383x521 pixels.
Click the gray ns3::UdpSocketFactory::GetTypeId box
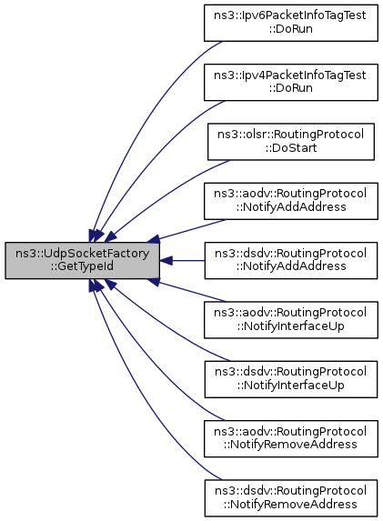[82, 260]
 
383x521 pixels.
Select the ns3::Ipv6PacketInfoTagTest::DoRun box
[291, 23]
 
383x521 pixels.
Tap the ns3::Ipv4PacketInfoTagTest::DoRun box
[291, 82]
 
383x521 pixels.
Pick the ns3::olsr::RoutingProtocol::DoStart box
[291, 142]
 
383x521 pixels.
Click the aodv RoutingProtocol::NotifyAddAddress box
[291, 201]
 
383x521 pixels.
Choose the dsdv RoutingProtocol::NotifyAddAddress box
[291, 260]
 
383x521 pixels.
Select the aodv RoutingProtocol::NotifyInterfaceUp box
[291, 320]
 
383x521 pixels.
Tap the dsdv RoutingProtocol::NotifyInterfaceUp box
[291, 379]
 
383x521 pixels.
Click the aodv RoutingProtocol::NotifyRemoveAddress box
[291, 438]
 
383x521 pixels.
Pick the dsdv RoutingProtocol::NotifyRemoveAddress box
[291, 498]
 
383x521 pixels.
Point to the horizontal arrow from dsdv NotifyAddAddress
[182, 260]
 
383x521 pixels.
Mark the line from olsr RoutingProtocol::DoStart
[163, 196]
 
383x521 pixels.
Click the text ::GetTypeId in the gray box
[82, 266]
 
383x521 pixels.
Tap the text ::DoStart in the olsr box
[291, 148]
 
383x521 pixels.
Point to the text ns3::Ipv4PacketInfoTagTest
[290, 75]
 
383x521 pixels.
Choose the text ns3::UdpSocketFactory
[82, 254]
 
